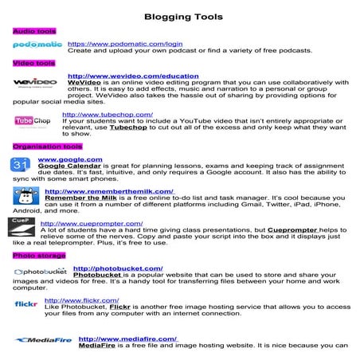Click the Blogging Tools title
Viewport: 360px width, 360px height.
pos(180,16)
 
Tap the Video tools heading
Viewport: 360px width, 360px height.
pos(33,62)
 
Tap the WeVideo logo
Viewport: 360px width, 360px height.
pos(35,82)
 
